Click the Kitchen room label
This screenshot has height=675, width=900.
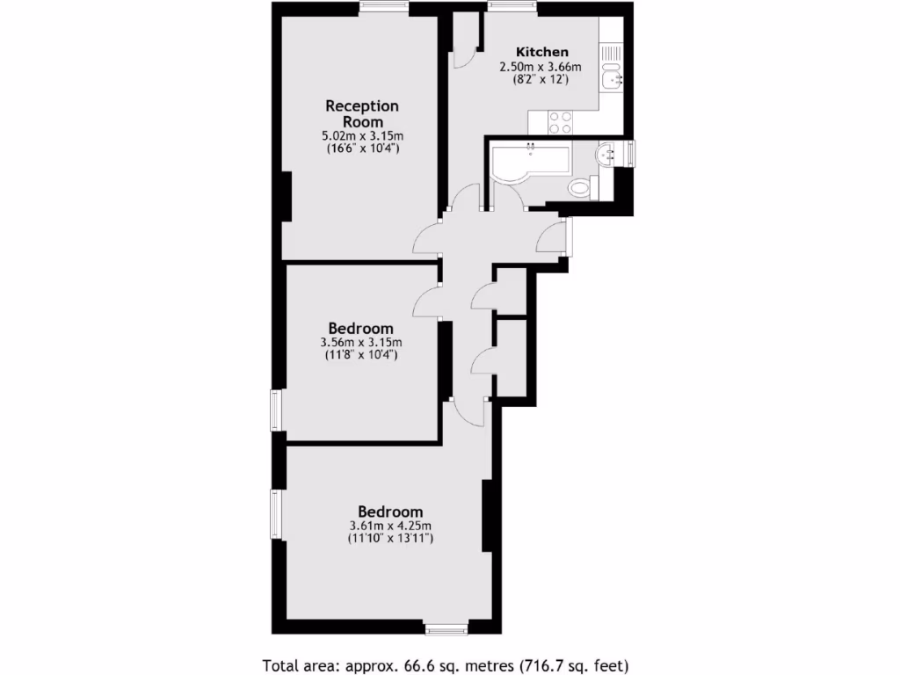541,52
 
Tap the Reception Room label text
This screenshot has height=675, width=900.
361,113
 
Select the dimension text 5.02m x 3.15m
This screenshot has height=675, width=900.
361,136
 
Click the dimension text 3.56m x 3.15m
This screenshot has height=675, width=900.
361,343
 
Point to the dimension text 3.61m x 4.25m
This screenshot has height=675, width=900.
389,526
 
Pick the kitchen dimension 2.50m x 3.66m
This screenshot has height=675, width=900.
541,66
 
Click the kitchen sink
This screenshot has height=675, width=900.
610,80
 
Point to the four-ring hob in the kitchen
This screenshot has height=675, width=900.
561,122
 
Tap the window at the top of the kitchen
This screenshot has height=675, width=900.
513,8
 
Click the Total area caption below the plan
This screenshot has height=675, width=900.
446,664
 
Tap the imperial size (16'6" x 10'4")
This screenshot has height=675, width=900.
361,149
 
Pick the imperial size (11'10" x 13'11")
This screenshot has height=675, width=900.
389,540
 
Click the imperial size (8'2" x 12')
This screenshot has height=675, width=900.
541,79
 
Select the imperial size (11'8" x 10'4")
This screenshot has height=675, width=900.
361,356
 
